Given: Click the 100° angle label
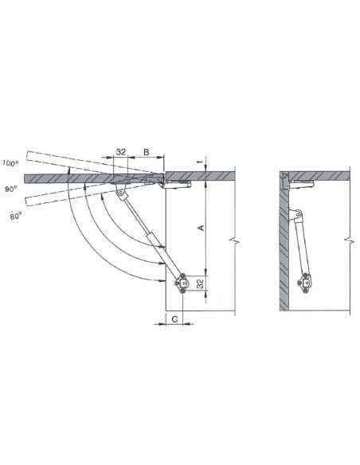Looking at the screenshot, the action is (x=10, y=162).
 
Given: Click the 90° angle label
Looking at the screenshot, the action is (x=11, y=189).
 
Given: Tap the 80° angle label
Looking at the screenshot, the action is (x=16, y=216).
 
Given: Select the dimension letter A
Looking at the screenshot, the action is (x=202, y=228).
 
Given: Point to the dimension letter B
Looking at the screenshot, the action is (x=147, y=152).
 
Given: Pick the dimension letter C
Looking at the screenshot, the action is (x=175, y=319).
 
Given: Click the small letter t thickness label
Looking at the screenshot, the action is (x=202, y=162).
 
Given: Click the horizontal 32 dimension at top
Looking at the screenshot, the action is (x=121, y=152).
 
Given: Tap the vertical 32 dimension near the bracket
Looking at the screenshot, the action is (x=201, y=283).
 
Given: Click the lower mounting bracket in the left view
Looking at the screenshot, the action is (x=182, y=283).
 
